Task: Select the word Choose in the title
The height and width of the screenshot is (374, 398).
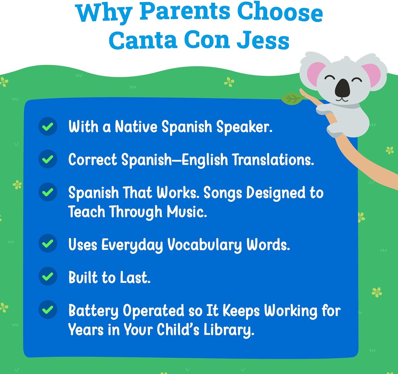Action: [x=280, y=12]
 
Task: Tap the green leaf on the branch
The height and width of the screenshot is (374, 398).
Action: [x=292, y=99]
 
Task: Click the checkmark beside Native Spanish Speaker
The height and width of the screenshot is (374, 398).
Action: [x=48, y=126]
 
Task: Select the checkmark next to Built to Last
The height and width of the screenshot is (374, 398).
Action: [x=48, y=276]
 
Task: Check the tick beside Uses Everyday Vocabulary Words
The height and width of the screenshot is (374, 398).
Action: [x=48, y=244]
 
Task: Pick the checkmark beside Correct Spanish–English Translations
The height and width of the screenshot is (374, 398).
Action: [x=48, y=159]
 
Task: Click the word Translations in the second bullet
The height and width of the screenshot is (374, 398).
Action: [x=272, y=160]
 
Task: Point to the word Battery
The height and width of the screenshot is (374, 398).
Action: [x=93, y=311]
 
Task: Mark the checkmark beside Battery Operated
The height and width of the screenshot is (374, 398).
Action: [x=48, y=309]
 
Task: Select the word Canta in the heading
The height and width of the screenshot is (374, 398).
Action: [x=143, y=40]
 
